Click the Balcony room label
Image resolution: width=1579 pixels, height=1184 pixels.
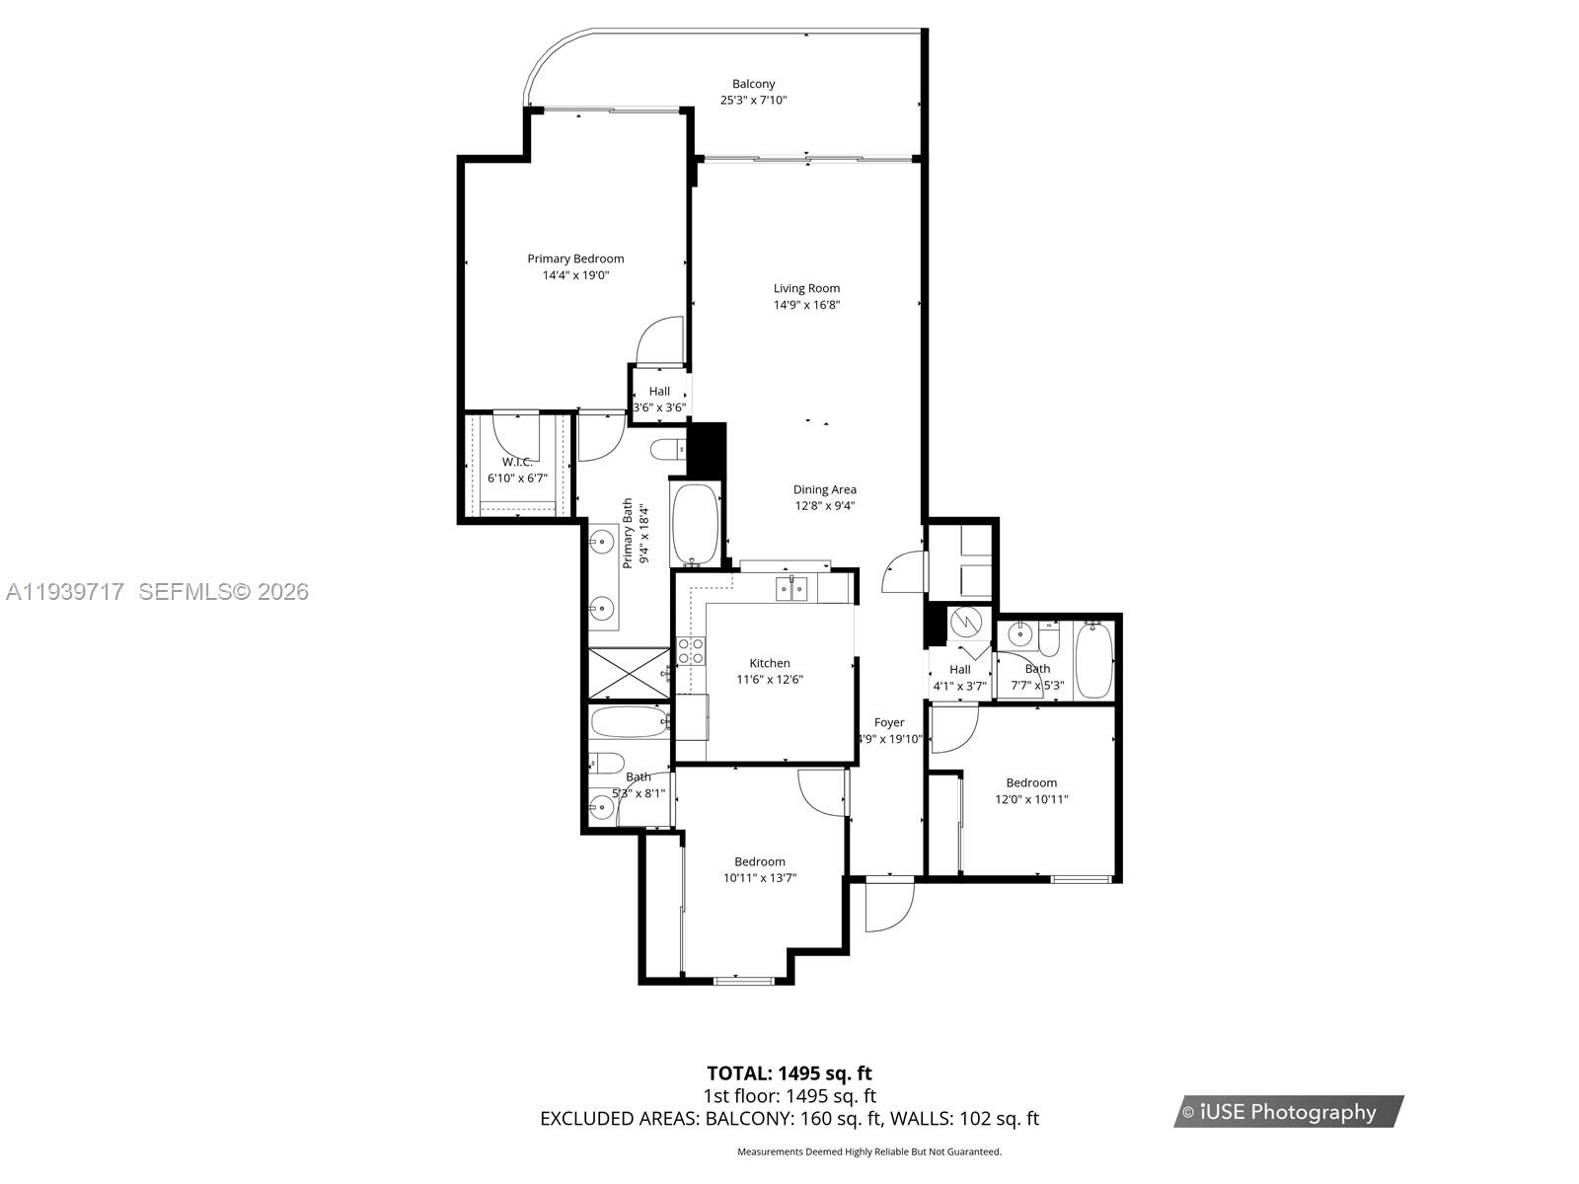753,85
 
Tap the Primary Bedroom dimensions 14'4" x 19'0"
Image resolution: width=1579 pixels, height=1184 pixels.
575,275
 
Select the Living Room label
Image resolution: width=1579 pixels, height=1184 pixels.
806,289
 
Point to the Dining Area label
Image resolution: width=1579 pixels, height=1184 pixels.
824,489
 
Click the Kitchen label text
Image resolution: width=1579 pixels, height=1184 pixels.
769,663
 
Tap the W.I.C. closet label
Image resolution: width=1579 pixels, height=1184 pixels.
516,462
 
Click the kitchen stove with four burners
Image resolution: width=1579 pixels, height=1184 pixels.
691,650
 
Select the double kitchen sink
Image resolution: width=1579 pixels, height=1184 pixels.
791,589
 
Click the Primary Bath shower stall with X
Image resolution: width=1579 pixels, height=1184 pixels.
628,673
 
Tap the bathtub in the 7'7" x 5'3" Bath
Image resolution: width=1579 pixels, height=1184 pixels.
1093,659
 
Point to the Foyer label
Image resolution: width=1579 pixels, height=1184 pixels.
888,722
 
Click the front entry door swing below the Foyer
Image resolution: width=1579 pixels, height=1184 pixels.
888,906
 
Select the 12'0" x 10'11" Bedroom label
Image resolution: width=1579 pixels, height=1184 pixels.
1031,782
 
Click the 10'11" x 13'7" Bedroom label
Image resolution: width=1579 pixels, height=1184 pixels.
759,861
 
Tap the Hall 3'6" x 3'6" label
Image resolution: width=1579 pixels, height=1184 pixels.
658,392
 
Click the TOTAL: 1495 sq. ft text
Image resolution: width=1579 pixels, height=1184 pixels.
789,1073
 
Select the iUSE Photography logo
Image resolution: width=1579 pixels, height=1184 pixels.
1288,1112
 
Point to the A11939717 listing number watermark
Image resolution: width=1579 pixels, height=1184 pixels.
65,591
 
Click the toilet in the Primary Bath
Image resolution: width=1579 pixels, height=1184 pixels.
668,450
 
